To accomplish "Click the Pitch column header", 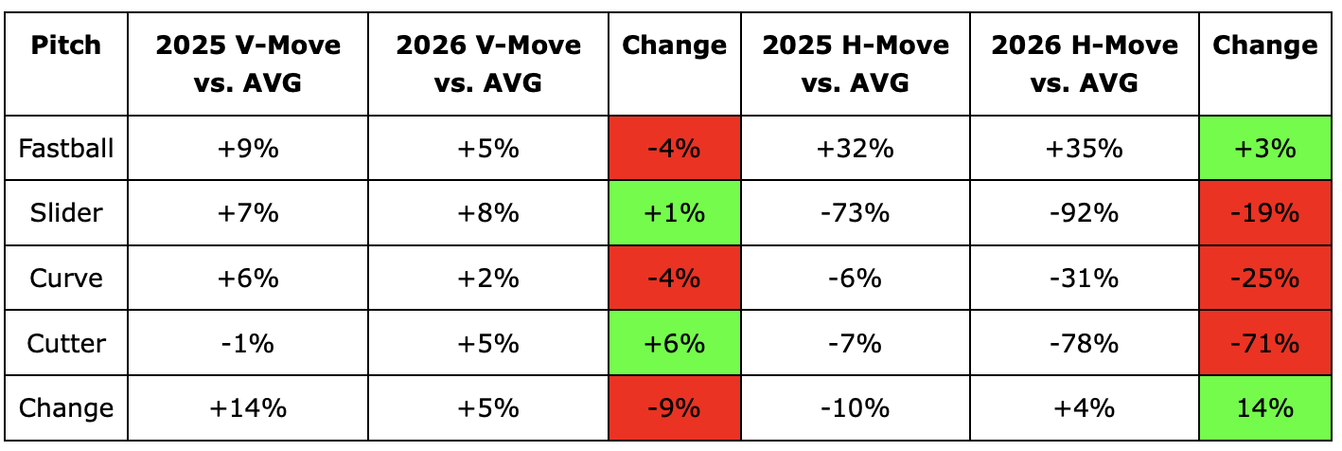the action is (x=66, y=45).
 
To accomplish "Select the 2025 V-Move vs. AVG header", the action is (x=248, y=63).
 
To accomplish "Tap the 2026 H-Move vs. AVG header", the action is (x=1085, y=63).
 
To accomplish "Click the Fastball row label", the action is (x=66, y=148).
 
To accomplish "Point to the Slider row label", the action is (x=66, y=213).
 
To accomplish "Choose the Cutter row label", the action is (x=66, y=344).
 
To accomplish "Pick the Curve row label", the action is (x=66, y=279).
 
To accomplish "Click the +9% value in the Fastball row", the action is (x=248, y=148).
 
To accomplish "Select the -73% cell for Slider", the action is (x=855, y=213).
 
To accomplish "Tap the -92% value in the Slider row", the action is (x=1085, y=213).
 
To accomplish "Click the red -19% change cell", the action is (x=1265, y=213).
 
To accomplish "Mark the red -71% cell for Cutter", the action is (x=1265, y=344).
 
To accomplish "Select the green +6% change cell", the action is (x=675, y=344).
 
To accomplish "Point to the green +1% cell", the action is (x=675, y=213).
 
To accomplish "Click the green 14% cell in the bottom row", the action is (x=1265, y=408).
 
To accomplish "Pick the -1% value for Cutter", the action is (x=247, y=344).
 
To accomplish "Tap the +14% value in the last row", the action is (x=248, y=408).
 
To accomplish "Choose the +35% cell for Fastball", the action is (x=1085, y=148).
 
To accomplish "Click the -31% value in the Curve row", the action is (x=1085, y=279).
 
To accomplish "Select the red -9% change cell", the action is (x=675, y=408).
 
